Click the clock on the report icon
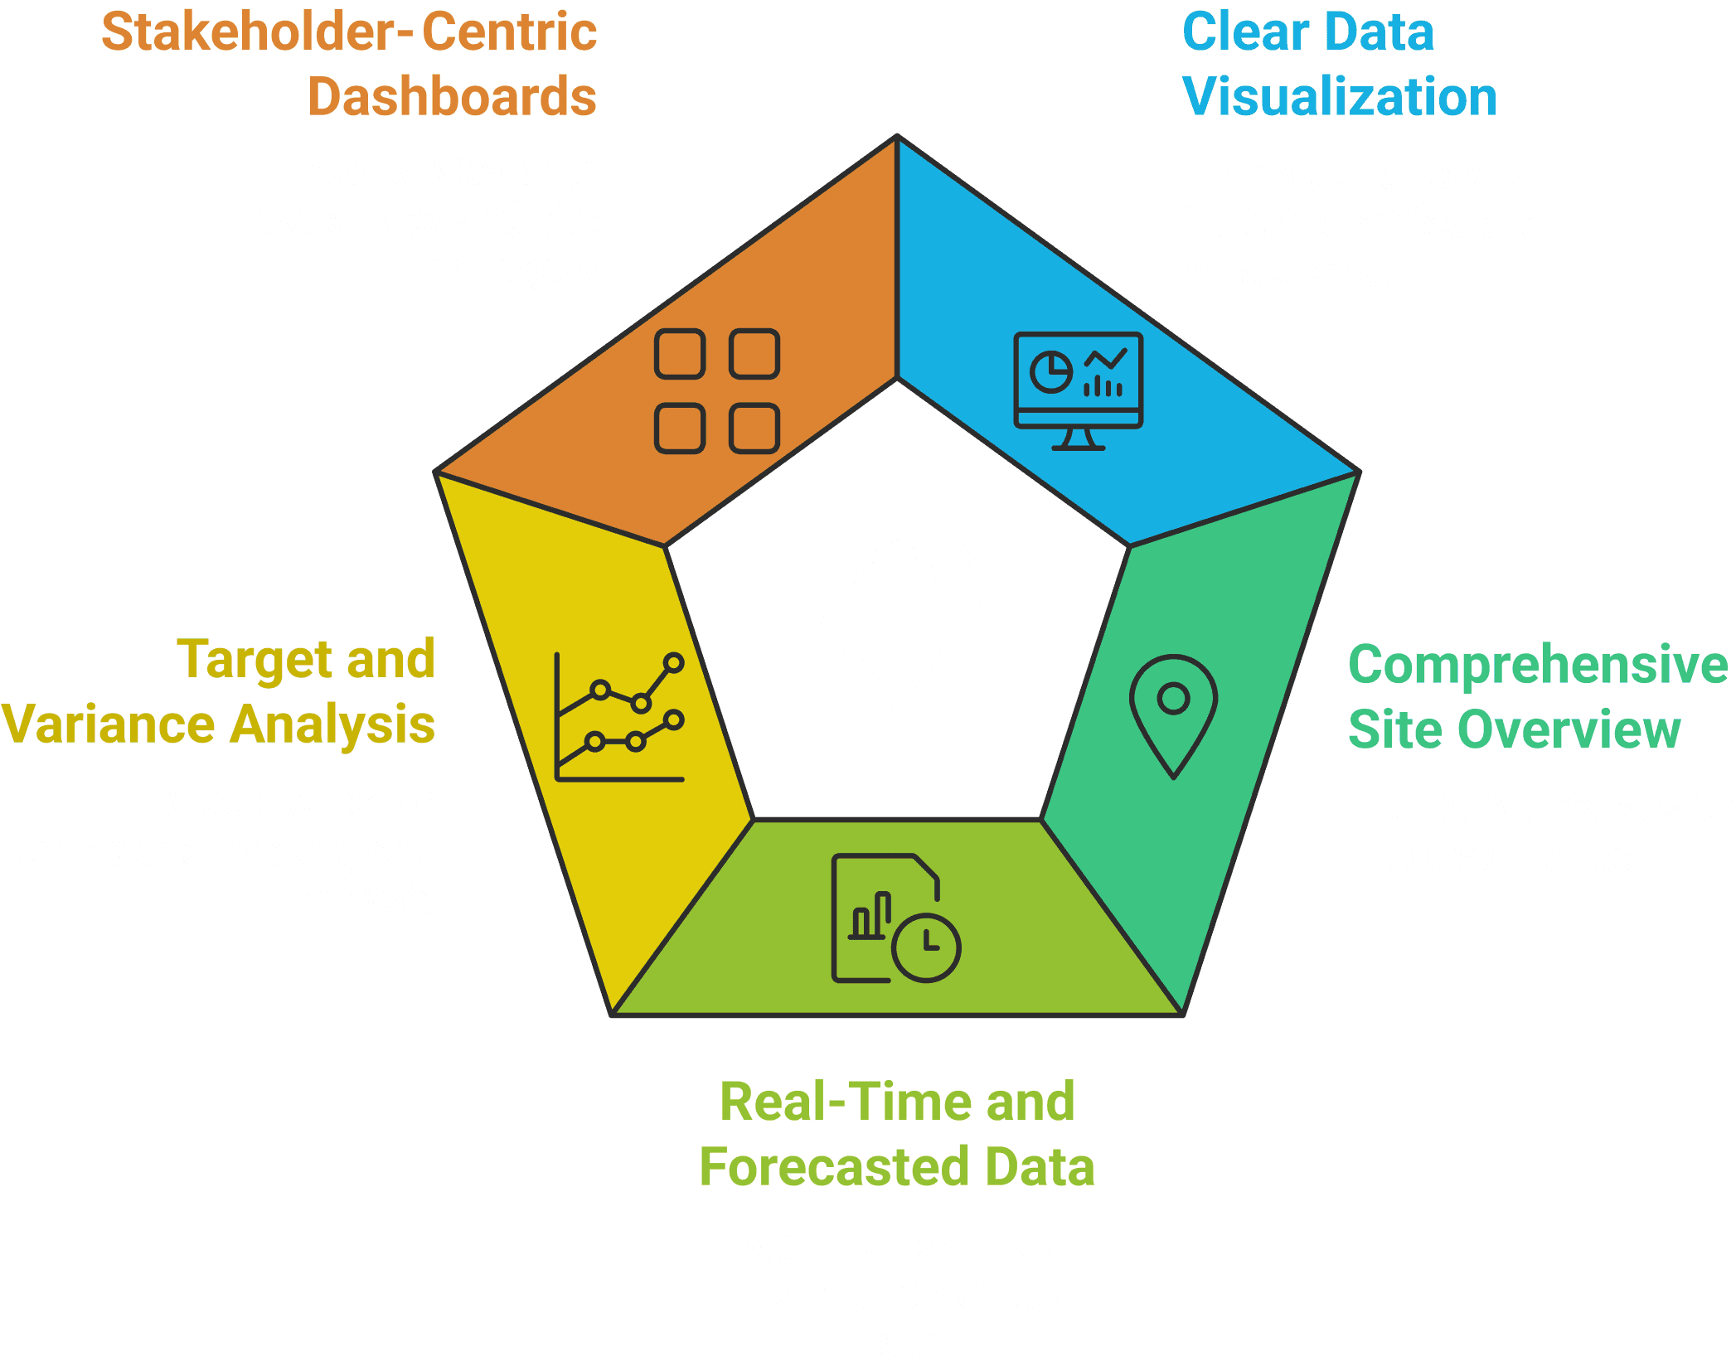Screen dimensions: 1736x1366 pos(926,947)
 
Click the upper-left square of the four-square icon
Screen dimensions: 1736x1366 pos(680,354)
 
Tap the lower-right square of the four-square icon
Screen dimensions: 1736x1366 pos(754,429)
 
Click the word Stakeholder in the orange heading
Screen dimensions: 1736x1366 pos(250,32)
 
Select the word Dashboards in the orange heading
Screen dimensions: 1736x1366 pos(452,97)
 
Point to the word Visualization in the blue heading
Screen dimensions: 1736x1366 pos(1340,97)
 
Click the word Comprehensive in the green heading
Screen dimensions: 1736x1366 pos(1538,665)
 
